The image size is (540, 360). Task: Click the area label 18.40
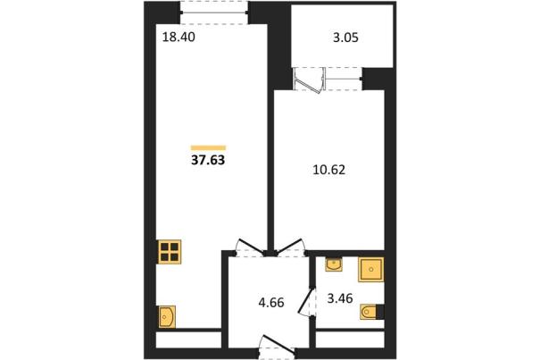[179, 37]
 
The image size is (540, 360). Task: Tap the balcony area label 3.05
[345, 38]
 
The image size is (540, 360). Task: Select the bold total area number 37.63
[208, 160]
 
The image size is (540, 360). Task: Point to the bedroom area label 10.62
[328, 170]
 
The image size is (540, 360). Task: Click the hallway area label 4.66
[271, 303]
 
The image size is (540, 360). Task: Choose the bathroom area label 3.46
[340, 298]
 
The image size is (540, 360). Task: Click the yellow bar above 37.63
[208, 148]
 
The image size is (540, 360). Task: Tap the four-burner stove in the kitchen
[170, 252]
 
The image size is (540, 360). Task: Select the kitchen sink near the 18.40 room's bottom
[167, 316]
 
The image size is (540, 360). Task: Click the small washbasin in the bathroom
[334, 264]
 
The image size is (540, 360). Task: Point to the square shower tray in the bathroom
[371, 269]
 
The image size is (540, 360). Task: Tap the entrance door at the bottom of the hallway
[278, 347]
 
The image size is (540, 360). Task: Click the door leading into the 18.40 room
[251, 247]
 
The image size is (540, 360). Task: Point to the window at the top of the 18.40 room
[214, 13]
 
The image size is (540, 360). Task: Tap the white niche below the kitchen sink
[188, 340]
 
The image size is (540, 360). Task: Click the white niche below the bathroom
[350, 340]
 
